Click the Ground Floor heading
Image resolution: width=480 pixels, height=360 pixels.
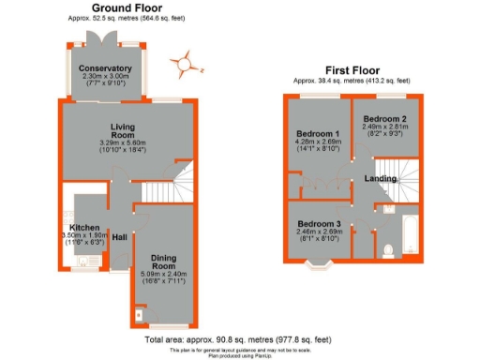[129, 7]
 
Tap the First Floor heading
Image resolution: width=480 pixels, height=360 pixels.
[352, 71]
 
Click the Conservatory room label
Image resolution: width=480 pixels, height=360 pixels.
[105, 69]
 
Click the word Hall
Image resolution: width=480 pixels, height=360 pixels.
[120, 236]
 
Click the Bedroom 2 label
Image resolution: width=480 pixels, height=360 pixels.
[384, 120]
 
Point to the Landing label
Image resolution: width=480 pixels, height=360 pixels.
[381, 178]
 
